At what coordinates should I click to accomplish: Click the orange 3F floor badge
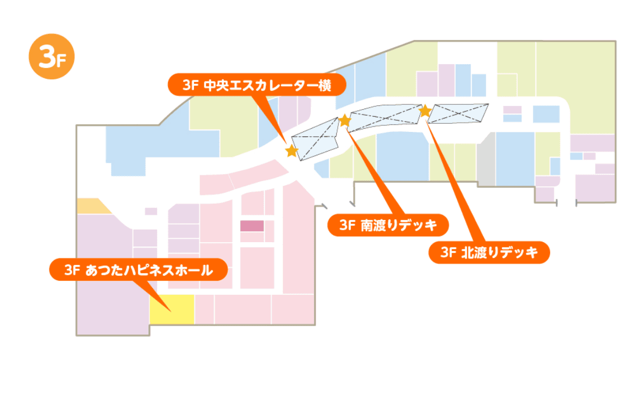51,57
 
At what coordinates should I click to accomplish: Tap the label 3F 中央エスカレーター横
256,85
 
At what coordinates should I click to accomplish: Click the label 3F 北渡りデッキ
489,252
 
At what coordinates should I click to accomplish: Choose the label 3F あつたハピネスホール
137,269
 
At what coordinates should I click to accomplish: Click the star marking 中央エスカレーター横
292,151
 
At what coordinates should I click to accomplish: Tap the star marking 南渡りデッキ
345,120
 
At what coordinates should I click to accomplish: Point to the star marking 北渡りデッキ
425,111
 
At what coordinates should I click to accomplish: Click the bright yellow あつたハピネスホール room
172,309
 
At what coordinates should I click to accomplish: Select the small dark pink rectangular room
252,225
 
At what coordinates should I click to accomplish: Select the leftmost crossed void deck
316,139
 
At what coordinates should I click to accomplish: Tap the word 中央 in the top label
215,85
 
